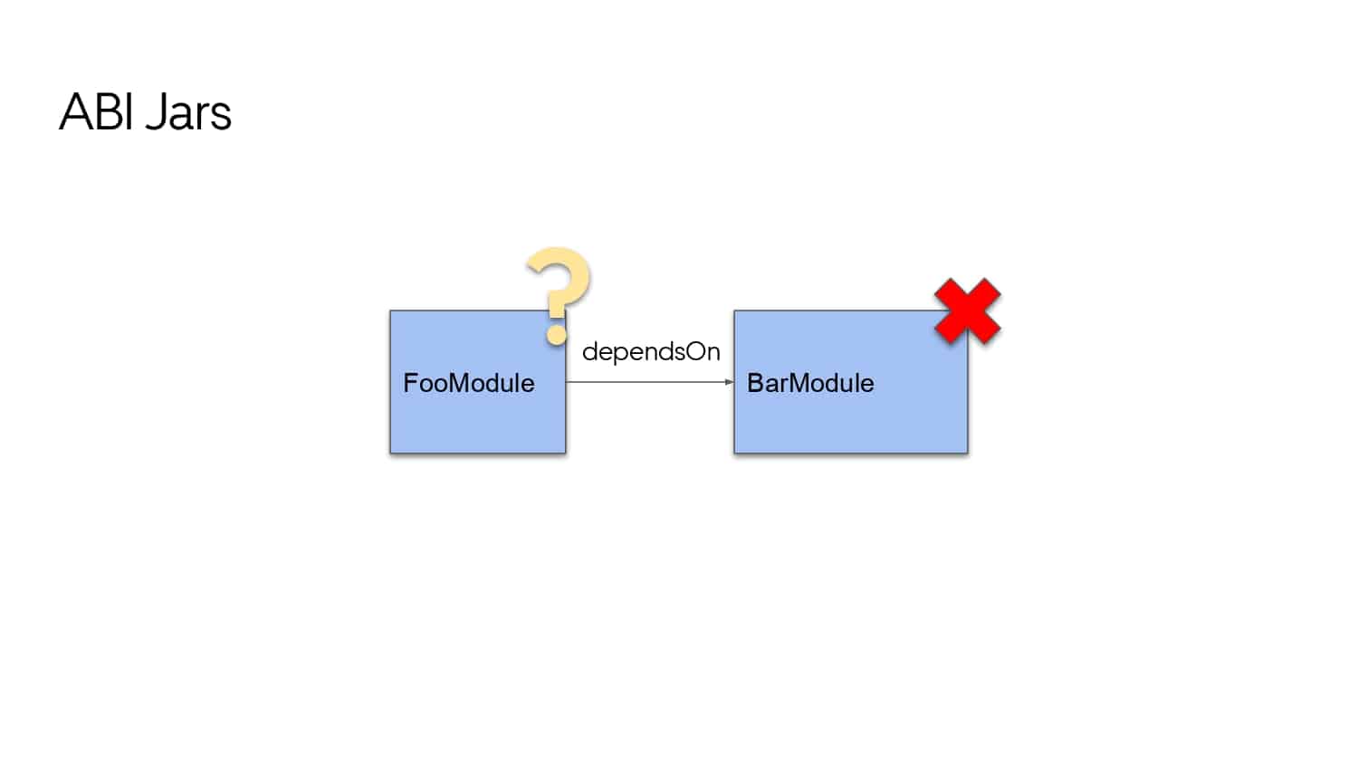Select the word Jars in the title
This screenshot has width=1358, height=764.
[x=188, y=112]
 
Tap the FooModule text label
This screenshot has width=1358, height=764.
[x=469, y=383]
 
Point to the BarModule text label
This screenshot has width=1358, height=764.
[x=810, y=383]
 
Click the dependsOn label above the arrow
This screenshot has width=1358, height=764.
[x=651, y=352]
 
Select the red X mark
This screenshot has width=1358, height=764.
[x=968, y=311]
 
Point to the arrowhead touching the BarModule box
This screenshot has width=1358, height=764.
[x=730, y=382]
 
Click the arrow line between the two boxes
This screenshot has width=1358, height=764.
[x=650, y=382]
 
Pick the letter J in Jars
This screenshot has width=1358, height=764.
[x=156, y=112]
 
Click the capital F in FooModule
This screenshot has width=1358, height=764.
[x=410, y=383]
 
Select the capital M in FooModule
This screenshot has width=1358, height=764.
[x=462, y=383]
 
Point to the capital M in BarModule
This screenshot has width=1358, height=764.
[x=802, y=383]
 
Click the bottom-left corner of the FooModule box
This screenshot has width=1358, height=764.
[x=390, y=453]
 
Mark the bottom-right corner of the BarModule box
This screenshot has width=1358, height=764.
[x=968, y=453]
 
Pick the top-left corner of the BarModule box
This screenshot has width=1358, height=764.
[x=734, y=311]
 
